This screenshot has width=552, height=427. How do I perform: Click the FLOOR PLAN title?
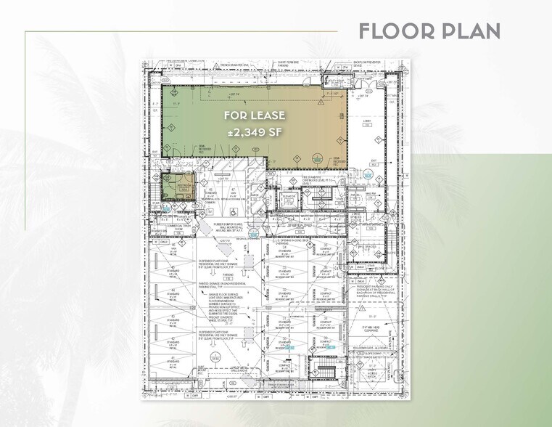[x=429, y=31]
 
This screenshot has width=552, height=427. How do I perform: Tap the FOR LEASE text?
[x=254, y=115]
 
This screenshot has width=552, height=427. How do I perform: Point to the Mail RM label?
[x=354, y=194]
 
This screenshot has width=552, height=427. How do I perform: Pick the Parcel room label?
[x=356, y=217]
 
